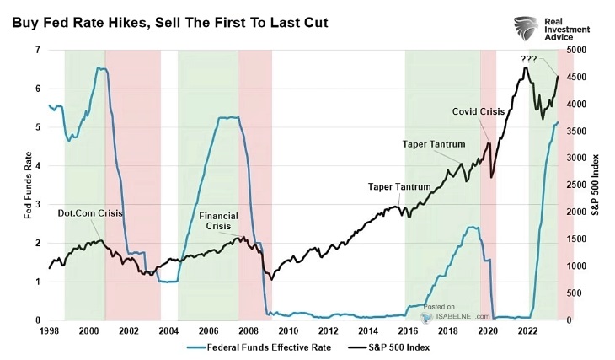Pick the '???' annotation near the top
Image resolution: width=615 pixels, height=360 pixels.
528,59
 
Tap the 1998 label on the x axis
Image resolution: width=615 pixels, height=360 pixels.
50,331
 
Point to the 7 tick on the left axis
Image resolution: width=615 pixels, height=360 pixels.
37,50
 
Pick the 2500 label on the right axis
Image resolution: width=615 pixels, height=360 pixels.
575,185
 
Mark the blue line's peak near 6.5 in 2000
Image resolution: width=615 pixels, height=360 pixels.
101,68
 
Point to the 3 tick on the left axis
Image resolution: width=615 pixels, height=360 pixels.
37,204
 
